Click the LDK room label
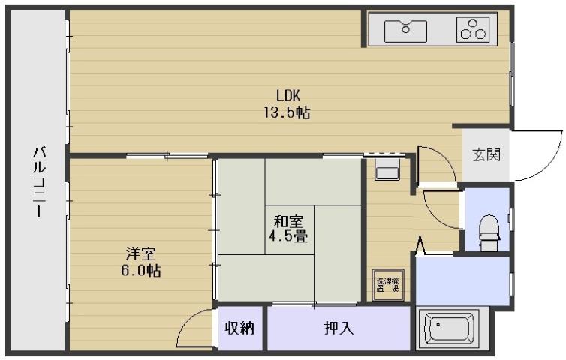coord(288,95)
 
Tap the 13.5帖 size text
coord(288,113)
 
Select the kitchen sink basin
coord(406,31)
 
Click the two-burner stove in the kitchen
coord(473,29)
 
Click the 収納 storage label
coord(241,328)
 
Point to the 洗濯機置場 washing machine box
coord(388,285)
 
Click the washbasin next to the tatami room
coord(388,170)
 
